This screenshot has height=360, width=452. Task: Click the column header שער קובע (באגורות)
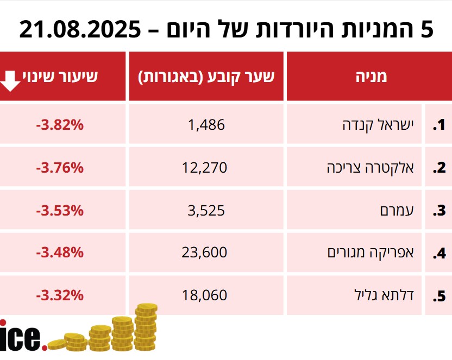point(206,76)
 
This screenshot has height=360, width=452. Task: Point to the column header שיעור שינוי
point(60,76)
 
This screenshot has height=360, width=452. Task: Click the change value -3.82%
point(60,125)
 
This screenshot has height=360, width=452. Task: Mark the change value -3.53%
point(60,210)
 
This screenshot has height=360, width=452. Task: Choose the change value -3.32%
point(60,295)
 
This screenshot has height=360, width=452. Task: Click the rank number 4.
point(439,254)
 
